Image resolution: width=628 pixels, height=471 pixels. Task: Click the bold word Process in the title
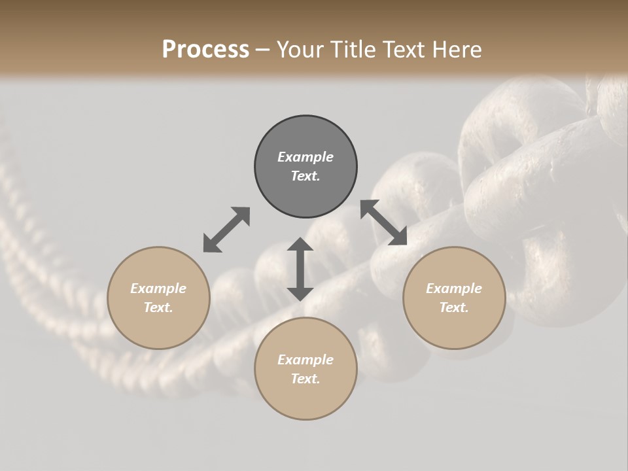click(205, 50)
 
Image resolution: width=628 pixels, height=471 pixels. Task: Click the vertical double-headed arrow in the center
click(300, 269)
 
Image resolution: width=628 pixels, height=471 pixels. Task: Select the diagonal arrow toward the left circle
click(226, 230)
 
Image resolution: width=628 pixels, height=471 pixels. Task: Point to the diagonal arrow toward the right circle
click(384, 222)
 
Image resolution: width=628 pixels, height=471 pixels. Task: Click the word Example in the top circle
click(305, 157)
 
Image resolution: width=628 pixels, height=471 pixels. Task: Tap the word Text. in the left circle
click(158, 307)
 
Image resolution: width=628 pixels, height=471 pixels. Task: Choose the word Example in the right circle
click(454, 288)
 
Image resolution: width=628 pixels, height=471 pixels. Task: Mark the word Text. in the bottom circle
click(305, 379)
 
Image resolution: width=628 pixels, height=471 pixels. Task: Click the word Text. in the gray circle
click(305, 176)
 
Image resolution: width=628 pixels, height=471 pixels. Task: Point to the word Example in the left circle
click(158, 288)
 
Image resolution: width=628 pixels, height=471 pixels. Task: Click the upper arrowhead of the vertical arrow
click(300, 245)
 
